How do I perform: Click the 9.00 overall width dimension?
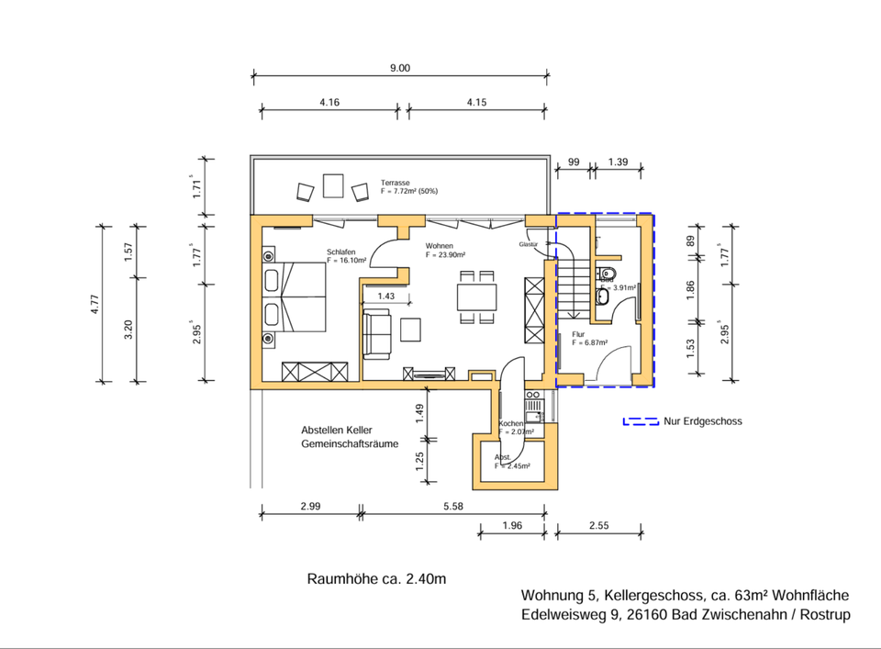400,67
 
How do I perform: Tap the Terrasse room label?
396,184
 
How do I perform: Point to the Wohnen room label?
439,246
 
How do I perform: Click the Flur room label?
578,334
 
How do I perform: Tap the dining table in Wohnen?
477,297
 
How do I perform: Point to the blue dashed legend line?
641,422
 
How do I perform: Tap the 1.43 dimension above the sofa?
385,297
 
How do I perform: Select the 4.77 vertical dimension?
95,303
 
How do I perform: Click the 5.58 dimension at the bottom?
452,507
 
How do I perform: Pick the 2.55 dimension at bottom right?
599,526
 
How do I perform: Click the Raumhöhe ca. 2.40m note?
376,579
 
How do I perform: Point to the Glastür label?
528,245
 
